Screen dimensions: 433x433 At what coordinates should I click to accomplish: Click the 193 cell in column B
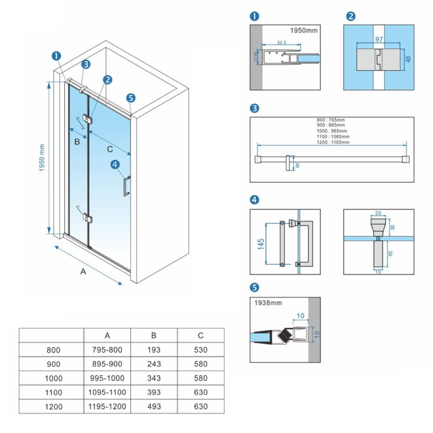pyautogui.click(x=154, y=350)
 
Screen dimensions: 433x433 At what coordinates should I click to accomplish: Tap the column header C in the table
pyautogui.click(x=200, y=335)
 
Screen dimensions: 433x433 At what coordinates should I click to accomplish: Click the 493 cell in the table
pyautogui.click(x=154, y=406)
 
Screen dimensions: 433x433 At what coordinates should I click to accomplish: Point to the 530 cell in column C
pyautogui.click(x=200, y=350)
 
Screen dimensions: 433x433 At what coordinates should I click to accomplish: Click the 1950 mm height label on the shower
pyautogui.click(x=42, y=158)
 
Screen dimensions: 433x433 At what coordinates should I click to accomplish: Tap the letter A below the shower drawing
pyautogui.click(x=84, y=272)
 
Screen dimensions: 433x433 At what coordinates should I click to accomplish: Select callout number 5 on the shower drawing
pyautogui.click(x=131, y=97)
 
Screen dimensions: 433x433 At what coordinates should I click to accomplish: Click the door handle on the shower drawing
pyautogui.click(x=126, y=186)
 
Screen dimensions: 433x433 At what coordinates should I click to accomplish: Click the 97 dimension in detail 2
pyautogui.click(x=379, y=39)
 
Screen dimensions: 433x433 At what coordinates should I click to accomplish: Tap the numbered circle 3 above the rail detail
pyautogui.click(x=255, y=108)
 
